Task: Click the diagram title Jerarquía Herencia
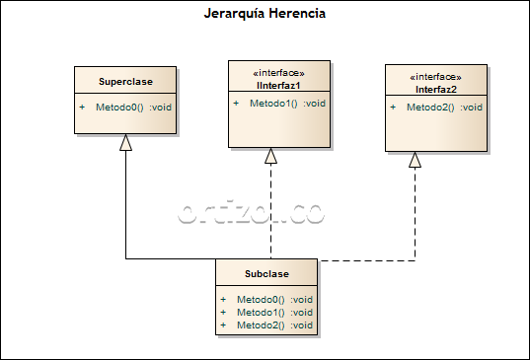[264, 14]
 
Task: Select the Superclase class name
[124, 81]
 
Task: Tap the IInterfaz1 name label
[271, 86]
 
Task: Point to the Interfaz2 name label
[435, 89]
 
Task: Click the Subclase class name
[266, 272]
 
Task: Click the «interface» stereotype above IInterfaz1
[266, 74]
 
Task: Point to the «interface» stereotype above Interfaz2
[435, 77]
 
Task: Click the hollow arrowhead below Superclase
[125, 143]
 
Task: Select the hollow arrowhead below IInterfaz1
[271, 156]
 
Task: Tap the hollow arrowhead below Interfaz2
[416, 160]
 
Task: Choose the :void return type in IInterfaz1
[314, 104]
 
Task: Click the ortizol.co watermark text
[251, 213]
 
